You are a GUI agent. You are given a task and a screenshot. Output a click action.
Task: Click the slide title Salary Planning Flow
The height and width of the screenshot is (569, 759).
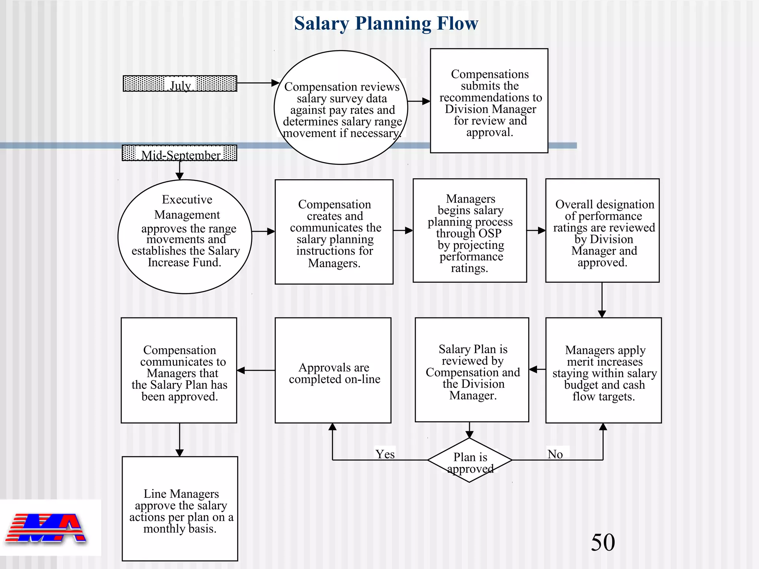point(386,23)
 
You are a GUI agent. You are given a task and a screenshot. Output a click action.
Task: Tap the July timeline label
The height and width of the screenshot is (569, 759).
point(180,84)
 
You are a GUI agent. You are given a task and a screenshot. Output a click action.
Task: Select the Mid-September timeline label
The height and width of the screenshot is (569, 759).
point(180,153)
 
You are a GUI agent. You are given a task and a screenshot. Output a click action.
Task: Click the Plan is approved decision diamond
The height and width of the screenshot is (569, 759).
point(470,460)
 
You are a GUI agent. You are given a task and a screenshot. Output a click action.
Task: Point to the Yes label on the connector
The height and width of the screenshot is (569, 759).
point(385,454)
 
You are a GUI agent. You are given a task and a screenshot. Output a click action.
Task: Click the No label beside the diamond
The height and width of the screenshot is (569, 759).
point(555,454)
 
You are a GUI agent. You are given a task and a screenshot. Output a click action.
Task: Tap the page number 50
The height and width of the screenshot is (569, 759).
point(603,542)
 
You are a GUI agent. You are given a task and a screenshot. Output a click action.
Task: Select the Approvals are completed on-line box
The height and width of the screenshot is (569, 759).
point(333,370)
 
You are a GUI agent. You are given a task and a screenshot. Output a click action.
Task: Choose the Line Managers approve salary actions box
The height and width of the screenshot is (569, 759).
point(180,509)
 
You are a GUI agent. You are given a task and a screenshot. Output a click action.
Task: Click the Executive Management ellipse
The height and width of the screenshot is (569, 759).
point(185,236)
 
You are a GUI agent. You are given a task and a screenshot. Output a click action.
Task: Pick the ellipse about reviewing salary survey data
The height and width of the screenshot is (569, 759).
point(341,107)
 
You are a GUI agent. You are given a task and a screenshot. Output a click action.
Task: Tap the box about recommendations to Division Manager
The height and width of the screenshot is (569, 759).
point(489,101)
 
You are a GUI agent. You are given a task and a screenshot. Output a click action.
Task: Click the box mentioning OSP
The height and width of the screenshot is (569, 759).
point(470,231)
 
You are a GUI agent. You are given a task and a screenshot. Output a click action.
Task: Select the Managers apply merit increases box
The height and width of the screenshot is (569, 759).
point(603,370)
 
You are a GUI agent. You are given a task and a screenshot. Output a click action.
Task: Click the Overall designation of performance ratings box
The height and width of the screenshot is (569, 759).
point(602,231)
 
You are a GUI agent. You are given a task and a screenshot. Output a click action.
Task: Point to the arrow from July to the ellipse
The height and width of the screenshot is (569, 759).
point(258,83)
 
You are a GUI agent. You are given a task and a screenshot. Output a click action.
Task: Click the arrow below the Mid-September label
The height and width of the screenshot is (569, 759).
point(180,170)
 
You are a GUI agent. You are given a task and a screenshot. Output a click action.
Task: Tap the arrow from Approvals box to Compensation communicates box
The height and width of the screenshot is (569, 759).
point(256,370)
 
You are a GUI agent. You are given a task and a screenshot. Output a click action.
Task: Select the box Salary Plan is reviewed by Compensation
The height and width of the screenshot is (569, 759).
point(472,370)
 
